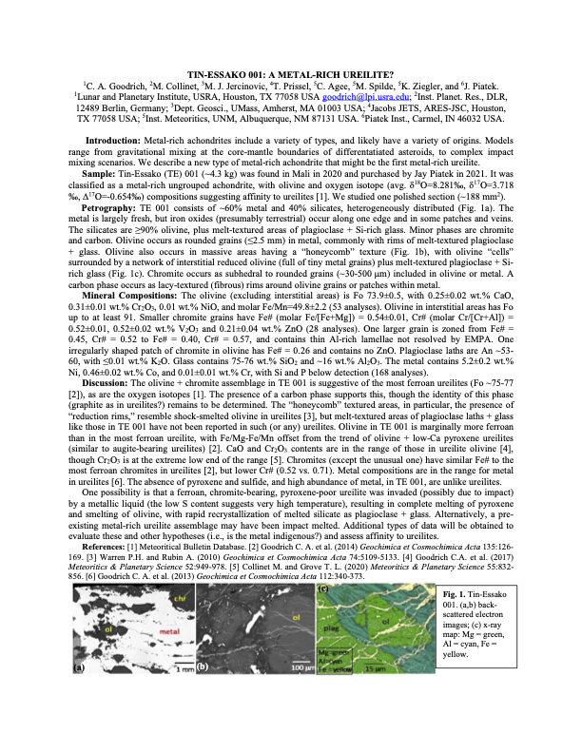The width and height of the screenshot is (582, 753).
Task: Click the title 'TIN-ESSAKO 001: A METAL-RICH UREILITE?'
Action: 290,73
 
